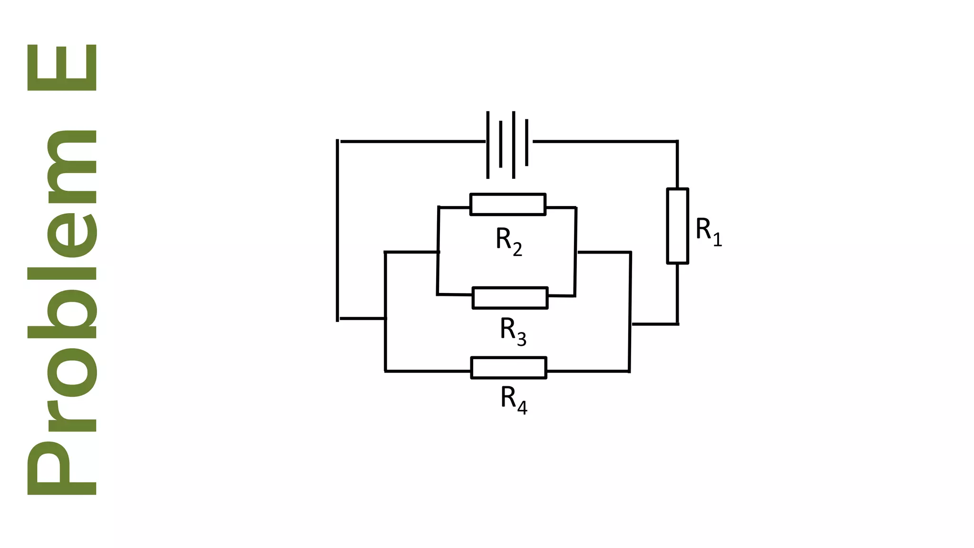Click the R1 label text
708,231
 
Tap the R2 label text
508,241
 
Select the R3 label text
513,331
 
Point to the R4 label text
514,400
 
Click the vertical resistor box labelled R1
677,226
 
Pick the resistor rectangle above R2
507,205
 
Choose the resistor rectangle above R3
510,298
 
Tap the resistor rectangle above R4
508,368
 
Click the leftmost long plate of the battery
488,145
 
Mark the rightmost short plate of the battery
527,143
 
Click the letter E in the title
62,68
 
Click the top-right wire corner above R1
677,141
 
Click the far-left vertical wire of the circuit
338,231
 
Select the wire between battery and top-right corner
604,141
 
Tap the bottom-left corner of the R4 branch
385,371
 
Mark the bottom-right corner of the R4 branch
629,371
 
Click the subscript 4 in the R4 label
522,408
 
